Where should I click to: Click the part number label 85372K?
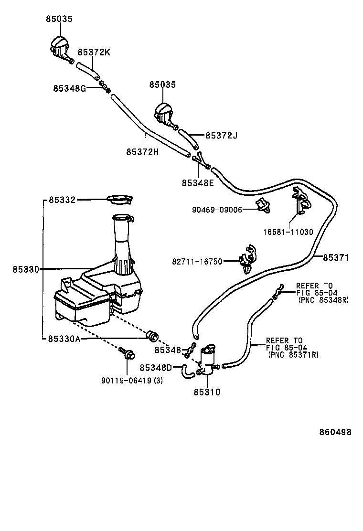94,52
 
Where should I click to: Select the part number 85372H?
142,151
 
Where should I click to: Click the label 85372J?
221,136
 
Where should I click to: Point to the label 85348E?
198,182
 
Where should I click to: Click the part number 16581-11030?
288,232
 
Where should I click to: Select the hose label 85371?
336,257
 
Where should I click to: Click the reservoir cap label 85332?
62,200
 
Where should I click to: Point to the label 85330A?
64,339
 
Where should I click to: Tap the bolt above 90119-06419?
128,354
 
